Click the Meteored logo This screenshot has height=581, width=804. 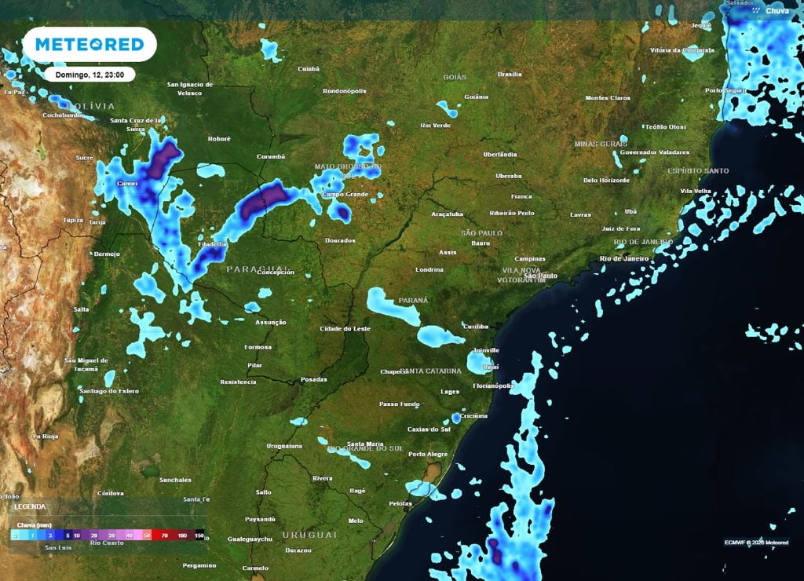pos(90,45)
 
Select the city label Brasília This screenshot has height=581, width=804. pos(510,75)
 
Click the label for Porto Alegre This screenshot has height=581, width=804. pos(427,454)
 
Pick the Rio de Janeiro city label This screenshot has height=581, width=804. pos(624,258)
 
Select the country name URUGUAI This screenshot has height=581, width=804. pos(310,534)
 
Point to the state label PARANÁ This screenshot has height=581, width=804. pos(413,300)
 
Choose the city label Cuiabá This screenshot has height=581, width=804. pos(309,69)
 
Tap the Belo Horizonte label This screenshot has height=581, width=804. pos(605,180)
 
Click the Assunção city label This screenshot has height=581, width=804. pos(271,322)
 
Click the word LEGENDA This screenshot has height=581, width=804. pos(30,507)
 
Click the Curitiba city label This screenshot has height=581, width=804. pos(476,326)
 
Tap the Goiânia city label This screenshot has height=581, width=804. pos(476,97)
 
